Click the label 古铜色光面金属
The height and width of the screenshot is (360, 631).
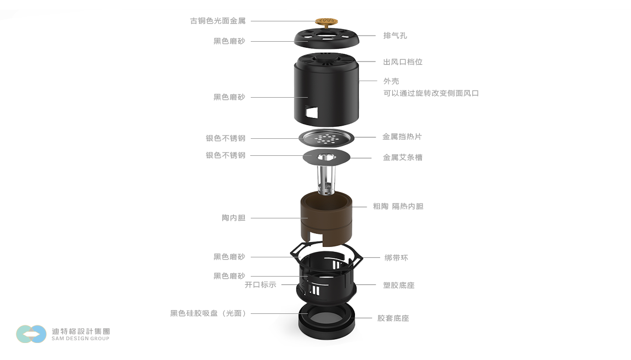[x=218, y=20]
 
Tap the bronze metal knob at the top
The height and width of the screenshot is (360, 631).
[x=326, y=22]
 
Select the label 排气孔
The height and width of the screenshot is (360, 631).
[x=395, y=36]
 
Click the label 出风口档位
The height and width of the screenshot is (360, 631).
[x=403, y=61]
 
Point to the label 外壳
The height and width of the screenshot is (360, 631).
[x=391, y=81]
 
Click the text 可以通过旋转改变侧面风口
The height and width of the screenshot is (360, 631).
[x=431, y=93]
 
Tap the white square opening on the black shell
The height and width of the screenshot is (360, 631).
[x=312, y=112]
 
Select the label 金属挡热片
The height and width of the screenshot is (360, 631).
[x=402, y=137]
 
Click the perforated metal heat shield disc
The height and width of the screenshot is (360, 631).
[x=326, y=138]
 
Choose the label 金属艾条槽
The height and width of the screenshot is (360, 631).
[x=403, y=157]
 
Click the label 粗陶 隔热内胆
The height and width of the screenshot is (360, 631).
[x=398, y=206]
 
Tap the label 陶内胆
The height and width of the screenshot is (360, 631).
[x=234, y=218]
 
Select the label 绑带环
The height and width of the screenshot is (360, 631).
[x=396, y=257]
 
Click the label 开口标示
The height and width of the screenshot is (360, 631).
[x=261, y=285]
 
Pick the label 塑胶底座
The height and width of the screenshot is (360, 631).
[x=399, y=285]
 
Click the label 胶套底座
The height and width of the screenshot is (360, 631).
[x=393, y=318]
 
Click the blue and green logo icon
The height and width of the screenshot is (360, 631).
[x=31, y=334]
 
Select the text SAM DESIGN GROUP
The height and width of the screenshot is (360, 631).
[x=81, y=339]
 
